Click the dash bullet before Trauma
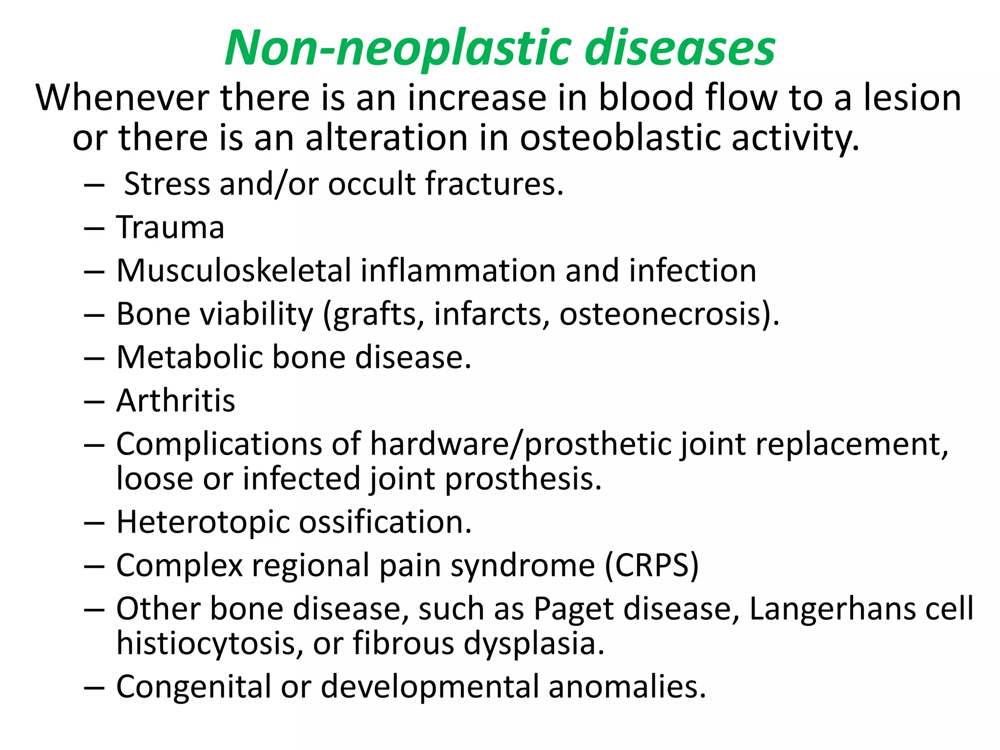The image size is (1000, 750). point(94,228)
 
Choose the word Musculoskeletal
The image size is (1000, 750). point(233,271)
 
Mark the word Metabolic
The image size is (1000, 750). point(189,357)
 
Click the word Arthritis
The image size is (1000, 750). point(176,401)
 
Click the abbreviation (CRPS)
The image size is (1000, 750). point(651,565)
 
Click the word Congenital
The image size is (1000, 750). point(193,687)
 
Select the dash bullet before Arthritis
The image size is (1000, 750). point(94,401)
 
